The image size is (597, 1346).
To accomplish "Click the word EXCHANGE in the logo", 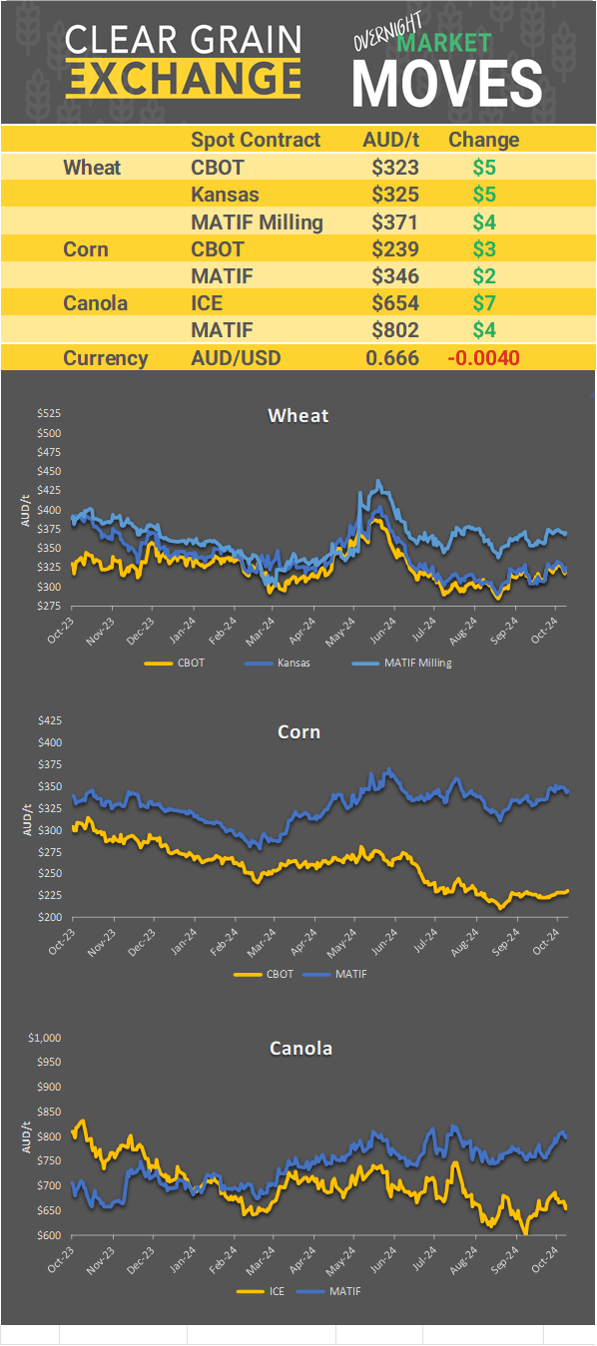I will click(183, 78).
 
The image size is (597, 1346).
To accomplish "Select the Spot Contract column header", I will click(256, 140).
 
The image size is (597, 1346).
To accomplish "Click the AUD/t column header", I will click(390, 140).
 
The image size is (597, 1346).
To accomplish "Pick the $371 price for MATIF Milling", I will click(394, 222).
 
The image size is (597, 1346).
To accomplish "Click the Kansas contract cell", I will click(225, 195).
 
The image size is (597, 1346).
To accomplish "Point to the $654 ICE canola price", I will click(394, 302).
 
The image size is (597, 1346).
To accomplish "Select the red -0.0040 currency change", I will click(484, 357).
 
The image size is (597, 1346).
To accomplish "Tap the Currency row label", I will click(106, 357).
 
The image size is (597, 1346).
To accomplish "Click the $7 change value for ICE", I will click(484, 302).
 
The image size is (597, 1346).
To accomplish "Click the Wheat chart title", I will click(298, 415).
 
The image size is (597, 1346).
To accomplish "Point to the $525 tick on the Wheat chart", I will click(48, 413).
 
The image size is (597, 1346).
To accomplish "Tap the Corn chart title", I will click(298, 732).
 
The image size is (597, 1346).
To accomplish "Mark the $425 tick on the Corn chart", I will click(48, 720).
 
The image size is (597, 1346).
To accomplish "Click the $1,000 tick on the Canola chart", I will click(44, 1038).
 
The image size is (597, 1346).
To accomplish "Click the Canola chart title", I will click(300, 1048).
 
